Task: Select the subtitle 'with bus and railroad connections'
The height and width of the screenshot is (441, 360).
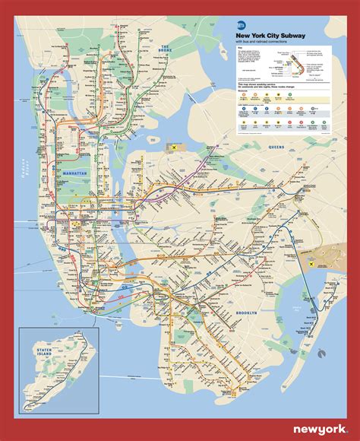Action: click(x=267, y=41)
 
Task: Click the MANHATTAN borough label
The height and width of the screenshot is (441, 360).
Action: click(x=73, y=174)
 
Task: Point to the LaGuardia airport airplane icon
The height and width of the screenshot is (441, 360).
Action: click(x=175, y=146)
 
